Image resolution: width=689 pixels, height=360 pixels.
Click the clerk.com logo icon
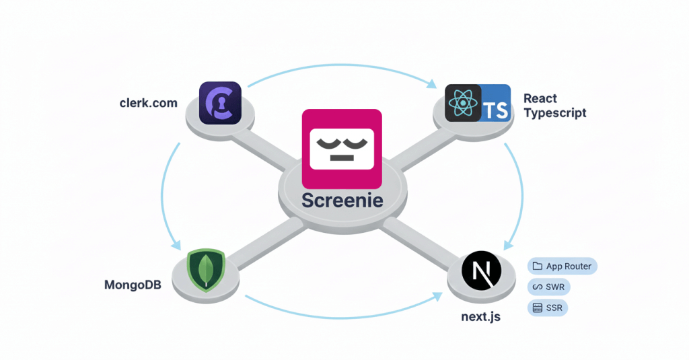click(220, 102)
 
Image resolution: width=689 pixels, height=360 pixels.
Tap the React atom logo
click(463, 103)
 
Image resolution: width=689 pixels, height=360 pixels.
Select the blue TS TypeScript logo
click(496, 103)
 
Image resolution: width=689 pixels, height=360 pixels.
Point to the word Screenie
click(342, 201)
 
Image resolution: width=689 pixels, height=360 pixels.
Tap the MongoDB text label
click(133, 285)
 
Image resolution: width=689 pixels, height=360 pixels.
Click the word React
click(540, 98)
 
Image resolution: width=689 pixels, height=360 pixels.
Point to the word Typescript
click(555, 112)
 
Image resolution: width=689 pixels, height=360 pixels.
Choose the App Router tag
click(562, 266)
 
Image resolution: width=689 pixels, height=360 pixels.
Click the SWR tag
click(550, 287)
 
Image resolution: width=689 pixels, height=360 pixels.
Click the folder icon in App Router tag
click(537, 266)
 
